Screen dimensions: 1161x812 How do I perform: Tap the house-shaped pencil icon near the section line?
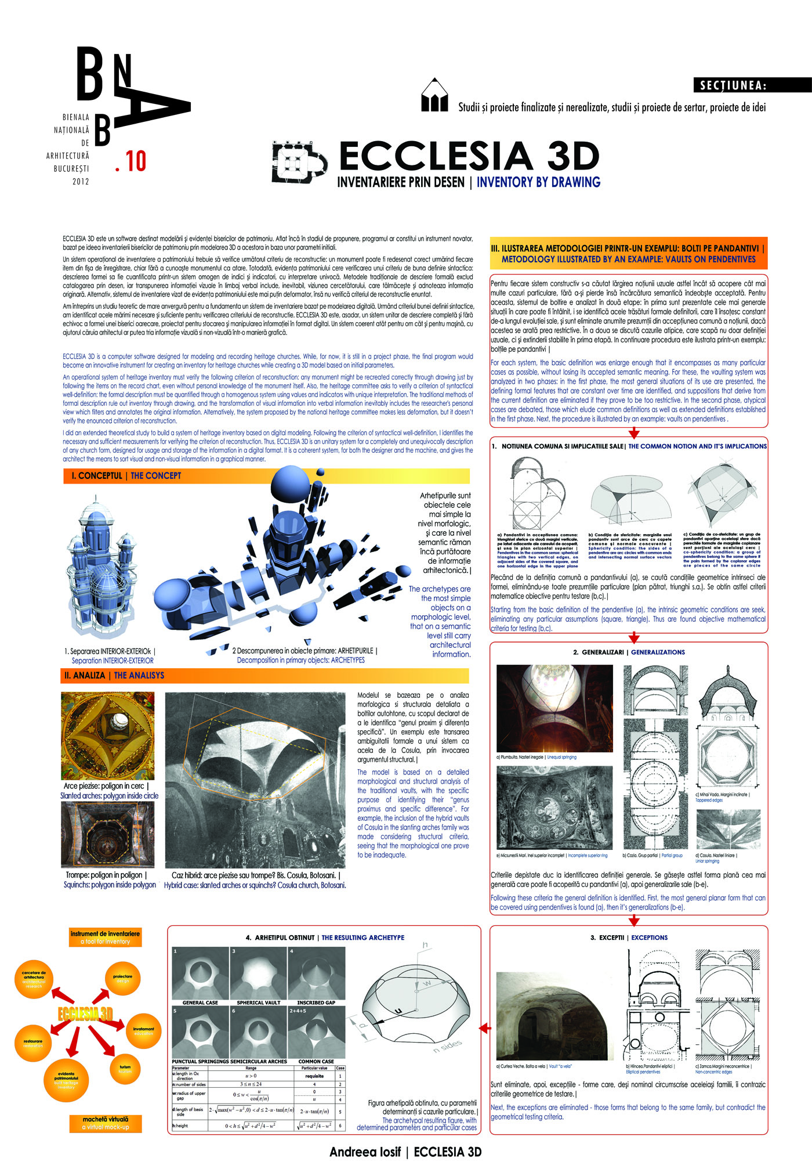434,95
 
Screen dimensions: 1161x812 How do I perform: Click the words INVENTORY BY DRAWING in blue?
538,182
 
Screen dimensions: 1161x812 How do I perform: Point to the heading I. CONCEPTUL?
97,476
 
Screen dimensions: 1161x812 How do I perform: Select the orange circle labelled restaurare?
33,1043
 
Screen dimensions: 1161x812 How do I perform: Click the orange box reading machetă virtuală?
105,1123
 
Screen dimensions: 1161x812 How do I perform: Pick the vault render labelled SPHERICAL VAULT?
258,973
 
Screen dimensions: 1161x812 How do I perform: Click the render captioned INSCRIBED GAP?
316,973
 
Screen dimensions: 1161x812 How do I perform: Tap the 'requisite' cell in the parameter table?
314,1076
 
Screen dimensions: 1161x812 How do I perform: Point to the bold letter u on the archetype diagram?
398,1011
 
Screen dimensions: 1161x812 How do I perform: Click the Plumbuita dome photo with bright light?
554,708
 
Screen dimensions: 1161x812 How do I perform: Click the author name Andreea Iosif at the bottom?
365,1152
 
